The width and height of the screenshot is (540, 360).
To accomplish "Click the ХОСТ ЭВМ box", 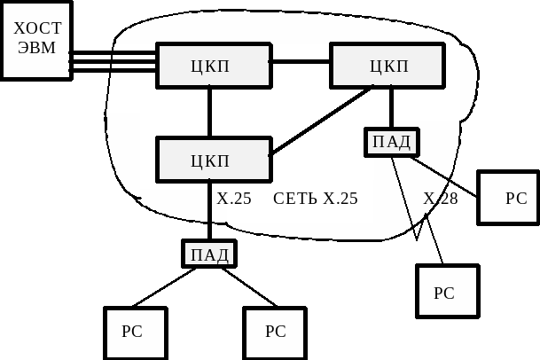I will (x=35, y=40).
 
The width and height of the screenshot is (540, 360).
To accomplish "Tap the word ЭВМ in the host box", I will (x=36, y=48).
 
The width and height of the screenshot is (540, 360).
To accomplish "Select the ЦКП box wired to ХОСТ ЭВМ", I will (x=213, y=66).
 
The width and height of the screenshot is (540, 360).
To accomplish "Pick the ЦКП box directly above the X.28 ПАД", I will (x=387, y=66).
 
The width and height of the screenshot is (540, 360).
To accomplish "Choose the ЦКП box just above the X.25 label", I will (x=213, y=160).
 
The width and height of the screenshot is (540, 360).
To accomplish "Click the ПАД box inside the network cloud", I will (x=391, y=142).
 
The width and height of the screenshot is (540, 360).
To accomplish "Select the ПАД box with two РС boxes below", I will (x=209, y=254).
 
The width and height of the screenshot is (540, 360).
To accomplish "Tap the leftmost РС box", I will (x=135, y=332).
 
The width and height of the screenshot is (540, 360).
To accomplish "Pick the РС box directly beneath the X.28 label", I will (x=447, y=292).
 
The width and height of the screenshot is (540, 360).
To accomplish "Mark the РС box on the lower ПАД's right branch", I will (x=275, y=332).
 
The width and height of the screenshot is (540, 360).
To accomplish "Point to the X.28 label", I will (x=440, y=198).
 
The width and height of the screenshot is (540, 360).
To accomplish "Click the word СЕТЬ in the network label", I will (x=295, y=198).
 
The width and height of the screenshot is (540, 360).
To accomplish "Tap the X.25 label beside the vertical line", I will (x=234, y=198).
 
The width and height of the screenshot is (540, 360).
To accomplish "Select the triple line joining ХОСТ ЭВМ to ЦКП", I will (x=113, y=60).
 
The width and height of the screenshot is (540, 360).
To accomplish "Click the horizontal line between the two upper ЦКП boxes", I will (x=300, y=61).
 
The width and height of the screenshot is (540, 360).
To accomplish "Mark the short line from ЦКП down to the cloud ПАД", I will (x=391, y=108).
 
